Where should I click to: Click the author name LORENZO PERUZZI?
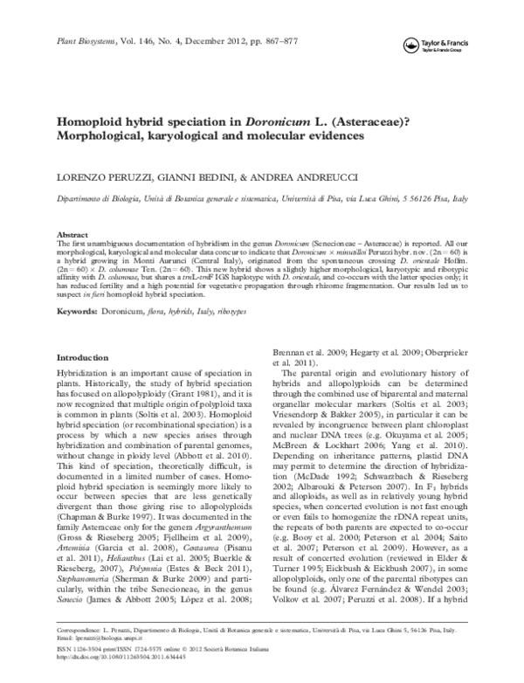click(103, 177)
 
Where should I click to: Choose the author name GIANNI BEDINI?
click(196, 177)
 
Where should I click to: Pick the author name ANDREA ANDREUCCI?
click(307, 177)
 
